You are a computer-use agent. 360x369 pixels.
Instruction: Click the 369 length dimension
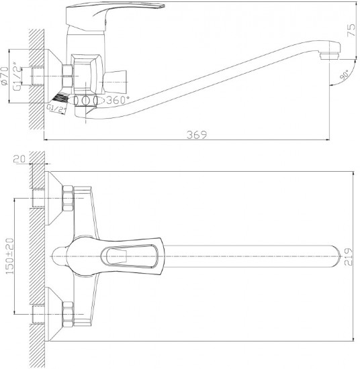[197, 135]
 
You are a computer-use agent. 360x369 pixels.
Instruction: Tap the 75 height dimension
[351, 30]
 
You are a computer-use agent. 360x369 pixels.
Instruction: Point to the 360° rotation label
[118, 100]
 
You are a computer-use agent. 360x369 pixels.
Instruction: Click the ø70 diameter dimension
[5, 75]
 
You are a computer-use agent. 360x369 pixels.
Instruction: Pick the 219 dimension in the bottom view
[349, 257]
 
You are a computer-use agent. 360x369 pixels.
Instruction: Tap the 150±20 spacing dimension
[10, 256]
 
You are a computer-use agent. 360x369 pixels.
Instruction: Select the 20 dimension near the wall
[19, 159]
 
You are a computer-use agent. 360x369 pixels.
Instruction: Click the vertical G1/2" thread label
[17, 76]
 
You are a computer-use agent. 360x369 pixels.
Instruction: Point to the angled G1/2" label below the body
[56, 109]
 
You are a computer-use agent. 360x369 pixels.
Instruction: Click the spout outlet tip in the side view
[329, 56]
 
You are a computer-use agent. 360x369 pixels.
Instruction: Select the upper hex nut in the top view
[68, 198]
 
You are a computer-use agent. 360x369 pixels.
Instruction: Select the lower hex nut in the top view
[68, 315]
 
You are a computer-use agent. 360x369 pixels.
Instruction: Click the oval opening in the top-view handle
[129, 256]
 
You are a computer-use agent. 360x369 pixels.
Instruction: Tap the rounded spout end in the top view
[336, 256]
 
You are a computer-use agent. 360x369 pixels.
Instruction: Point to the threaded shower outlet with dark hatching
[60, 98]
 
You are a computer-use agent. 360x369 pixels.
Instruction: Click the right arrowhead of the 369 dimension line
[328, 140]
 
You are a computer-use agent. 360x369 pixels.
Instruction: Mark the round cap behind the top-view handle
[59, 256]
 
